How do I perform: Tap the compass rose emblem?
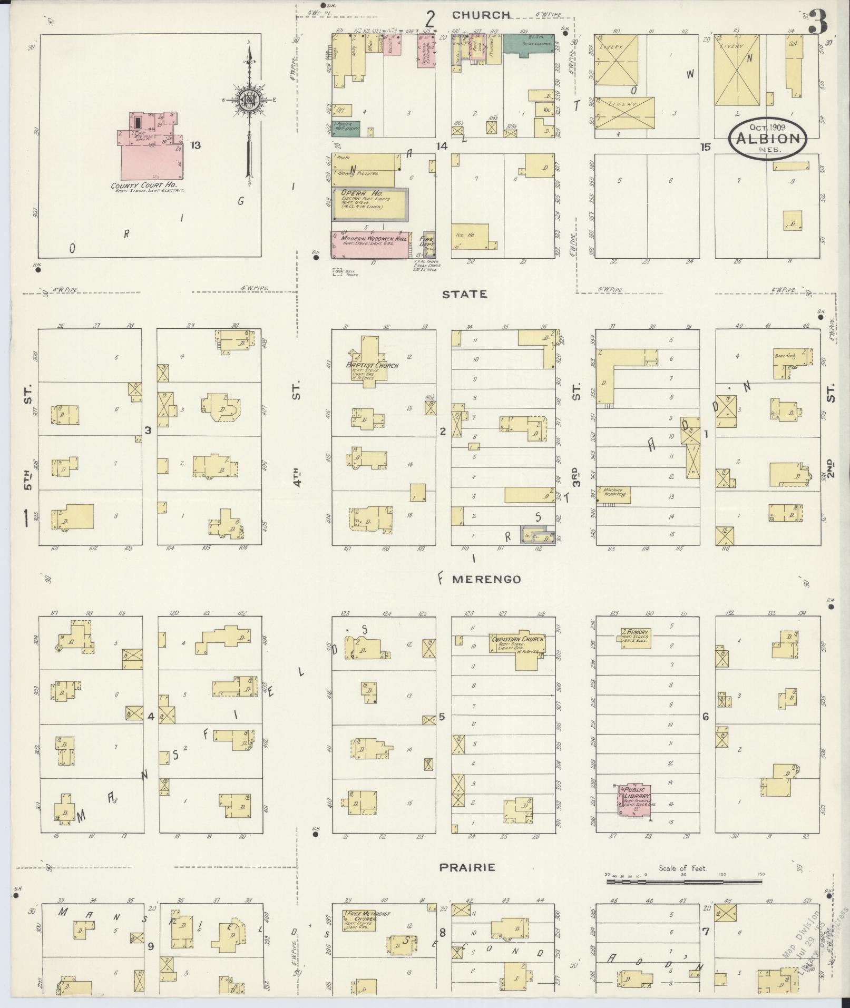(x=247, y=100)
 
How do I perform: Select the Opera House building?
(x=369, y=203)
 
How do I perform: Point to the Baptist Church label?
(x=372, y=365)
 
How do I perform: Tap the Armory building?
(x=636, y=638)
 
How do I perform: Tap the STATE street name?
(x=465, y=294)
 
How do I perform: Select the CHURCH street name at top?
(x=481, y=15)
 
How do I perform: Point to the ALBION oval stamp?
(x=768, y=138)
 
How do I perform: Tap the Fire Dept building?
(x=429, y=244)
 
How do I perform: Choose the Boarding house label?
(x=785, y=356)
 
